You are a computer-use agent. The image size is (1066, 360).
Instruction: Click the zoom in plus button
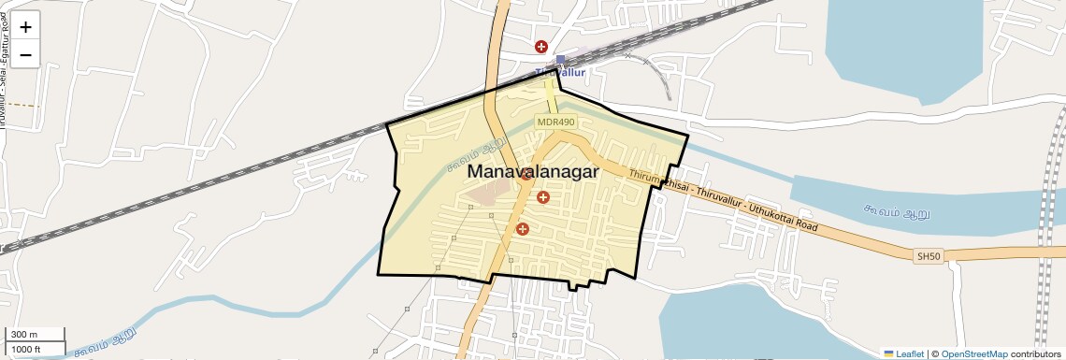pyautogui.click(x=25, y=27)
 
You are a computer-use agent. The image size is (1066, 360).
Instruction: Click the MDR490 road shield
pyautogui.click(x=556, y=122)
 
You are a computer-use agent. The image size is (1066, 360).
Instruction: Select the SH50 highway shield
pyautogui.click(x=926, y=255)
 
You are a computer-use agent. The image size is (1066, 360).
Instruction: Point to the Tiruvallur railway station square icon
pyautogui.click(x=560, y=60)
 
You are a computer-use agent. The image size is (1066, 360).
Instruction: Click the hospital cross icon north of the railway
pyautogui.click(x=540, y=46)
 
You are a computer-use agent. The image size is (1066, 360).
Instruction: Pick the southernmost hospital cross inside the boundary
pyautogui.click(x=523, y=228)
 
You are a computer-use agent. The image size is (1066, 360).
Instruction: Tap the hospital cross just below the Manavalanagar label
pyautogui.click(x=543, y=196)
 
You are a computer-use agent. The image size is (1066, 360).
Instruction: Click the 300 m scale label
pyautogui.click(x=24, y=335)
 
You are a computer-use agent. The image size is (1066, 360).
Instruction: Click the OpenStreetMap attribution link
pyautogui.click(x=973, y=353)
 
